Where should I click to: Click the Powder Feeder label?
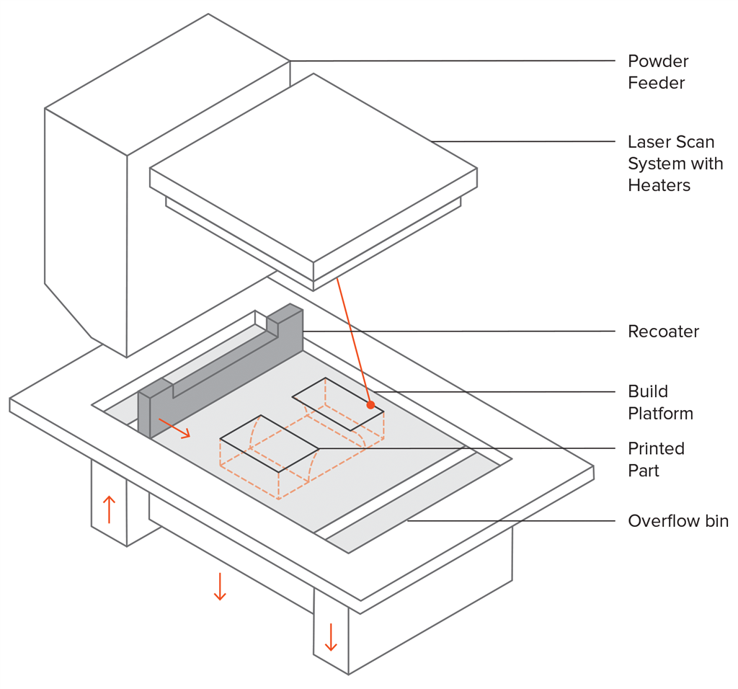(x=657, y=72)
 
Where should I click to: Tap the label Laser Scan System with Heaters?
(x=675, y=164)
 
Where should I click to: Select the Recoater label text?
(x=663, y=332)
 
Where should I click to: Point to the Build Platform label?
(x=659, y=403)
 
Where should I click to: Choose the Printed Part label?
(x=656, y=460)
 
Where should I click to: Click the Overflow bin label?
(x=677, y=521)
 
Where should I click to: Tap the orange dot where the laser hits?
(x=370, y=405)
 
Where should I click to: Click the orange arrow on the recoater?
(x=174, y=427)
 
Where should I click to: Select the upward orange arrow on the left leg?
(x=109, y=509)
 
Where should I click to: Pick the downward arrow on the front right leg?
(x=331, y=636)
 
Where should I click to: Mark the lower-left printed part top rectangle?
(x=269, y=443)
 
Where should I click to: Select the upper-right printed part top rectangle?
(x=337, y=403)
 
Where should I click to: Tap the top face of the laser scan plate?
(x=314, y=169)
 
